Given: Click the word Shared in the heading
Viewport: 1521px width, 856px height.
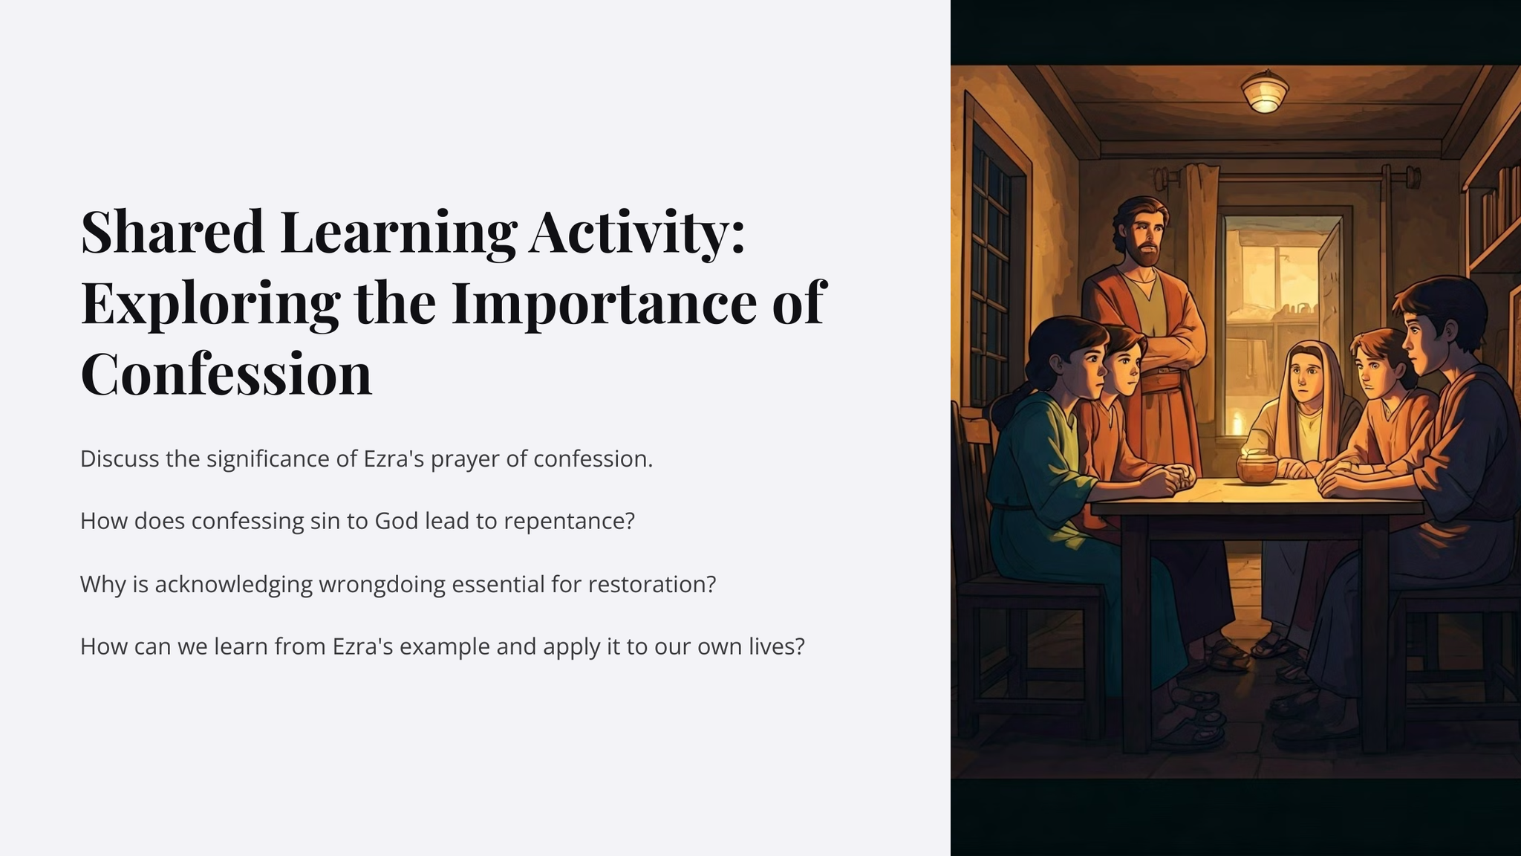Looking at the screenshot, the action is point(172,231).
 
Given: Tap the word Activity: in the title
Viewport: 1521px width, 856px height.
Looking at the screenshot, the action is point(636,233).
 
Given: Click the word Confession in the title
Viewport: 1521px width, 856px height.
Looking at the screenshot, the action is point(226,374).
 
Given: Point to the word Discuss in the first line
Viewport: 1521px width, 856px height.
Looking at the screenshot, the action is point(120,458).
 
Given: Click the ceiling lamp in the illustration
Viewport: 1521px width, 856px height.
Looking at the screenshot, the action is point(1265,91).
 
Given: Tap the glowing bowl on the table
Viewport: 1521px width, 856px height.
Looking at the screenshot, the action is point(1257,469).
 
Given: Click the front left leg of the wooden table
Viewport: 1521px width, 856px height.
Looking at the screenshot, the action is point(1135,632).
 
